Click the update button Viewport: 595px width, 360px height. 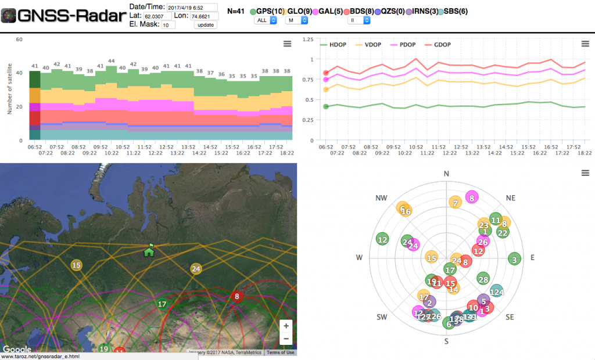pos(205,25)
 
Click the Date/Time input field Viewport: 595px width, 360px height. pos(192,7)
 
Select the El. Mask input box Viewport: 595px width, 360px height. pos(168,25)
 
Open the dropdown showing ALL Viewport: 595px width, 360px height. pos(265,20)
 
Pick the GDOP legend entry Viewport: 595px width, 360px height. pos(443,45)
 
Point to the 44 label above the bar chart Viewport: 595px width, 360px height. pos(111,61)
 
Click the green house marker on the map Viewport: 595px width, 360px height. pos(149,250)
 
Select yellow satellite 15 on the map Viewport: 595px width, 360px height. pos(77,265)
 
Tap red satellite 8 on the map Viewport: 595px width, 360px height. pos(236,297)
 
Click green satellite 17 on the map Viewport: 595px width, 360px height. pos(162,304)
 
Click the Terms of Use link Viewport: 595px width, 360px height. pos(280,352)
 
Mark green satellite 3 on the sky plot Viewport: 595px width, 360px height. pos(514,259)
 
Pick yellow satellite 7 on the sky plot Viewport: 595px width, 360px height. pos(456,203)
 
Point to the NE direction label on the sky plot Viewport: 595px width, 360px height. pos(511,198)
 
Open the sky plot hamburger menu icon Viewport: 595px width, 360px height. pos(585,173)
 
